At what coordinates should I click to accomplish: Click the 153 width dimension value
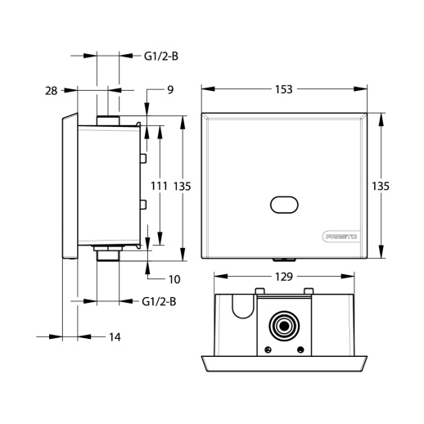pyautogui.click(x=283, y=89)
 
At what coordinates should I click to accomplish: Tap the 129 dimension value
pyautogui.click(x=284, y=277)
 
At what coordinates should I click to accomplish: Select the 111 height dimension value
pyautogui.click(x=159, y=186)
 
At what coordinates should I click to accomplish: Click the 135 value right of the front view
pyautogui.click(x=381, y=186)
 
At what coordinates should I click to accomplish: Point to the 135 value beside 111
pyautogui.click(x=183, y=187)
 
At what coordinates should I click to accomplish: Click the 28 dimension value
pyautogui.click(x=52, y=91)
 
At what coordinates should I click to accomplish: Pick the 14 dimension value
pyautogui.click(x=115, y=337)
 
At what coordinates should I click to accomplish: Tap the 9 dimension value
pyautogui.click(x=170, y=90)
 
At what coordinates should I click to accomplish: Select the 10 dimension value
pyautogui.click(x=174, y=279)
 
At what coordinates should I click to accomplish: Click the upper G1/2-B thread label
pyautogui.click(x=161, y=56)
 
